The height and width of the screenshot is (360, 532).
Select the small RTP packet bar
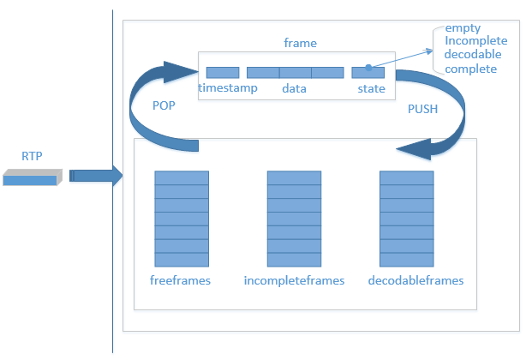[x=33, y=177]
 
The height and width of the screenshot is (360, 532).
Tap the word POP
[x=164, y=105]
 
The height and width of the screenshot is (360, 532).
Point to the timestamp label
[x=227, y=88]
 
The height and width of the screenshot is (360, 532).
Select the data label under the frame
[x=294, y=88]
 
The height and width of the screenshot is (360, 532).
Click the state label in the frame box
[x=371, y=88]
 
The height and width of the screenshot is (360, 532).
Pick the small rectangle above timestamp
[x=222, y=73]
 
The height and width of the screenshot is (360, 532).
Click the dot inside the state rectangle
[x=368, y=66]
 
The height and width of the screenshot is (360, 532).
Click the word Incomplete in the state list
[x=475, y=41]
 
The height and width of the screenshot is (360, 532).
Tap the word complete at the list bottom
[x=470, y=69]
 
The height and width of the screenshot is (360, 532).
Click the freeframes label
[x=180, y=280]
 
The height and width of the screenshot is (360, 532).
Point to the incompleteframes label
[x=294, y=280]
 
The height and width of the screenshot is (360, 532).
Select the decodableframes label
[x=415, y=280]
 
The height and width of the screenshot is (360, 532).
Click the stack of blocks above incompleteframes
[x=294, y=219]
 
